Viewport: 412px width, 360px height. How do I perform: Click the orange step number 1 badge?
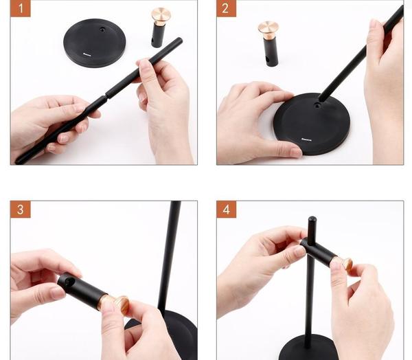click(x=21, y=9)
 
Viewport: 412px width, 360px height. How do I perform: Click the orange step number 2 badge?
click(x=227, y=9)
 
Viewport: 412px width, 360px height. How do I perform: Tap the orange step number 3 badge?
click(x=21, y=210)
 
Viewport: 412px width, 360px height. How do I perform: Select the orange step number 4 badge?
click(x=227, y=210)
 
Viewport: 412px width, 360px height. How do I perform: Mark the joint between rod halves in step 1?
click(x=105, y=93)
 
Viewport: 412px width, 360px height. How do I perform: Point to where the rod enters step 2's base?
click(x=320, y=100)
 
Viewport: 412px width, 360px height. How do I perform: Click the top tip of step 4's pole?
click(x=312, y=220)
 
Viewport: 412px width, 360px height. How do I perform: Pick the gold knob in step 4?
click(x=345, y=263)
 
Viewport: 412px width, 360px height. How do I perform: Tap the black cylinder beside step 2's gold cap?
click(x=271, y=52)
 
